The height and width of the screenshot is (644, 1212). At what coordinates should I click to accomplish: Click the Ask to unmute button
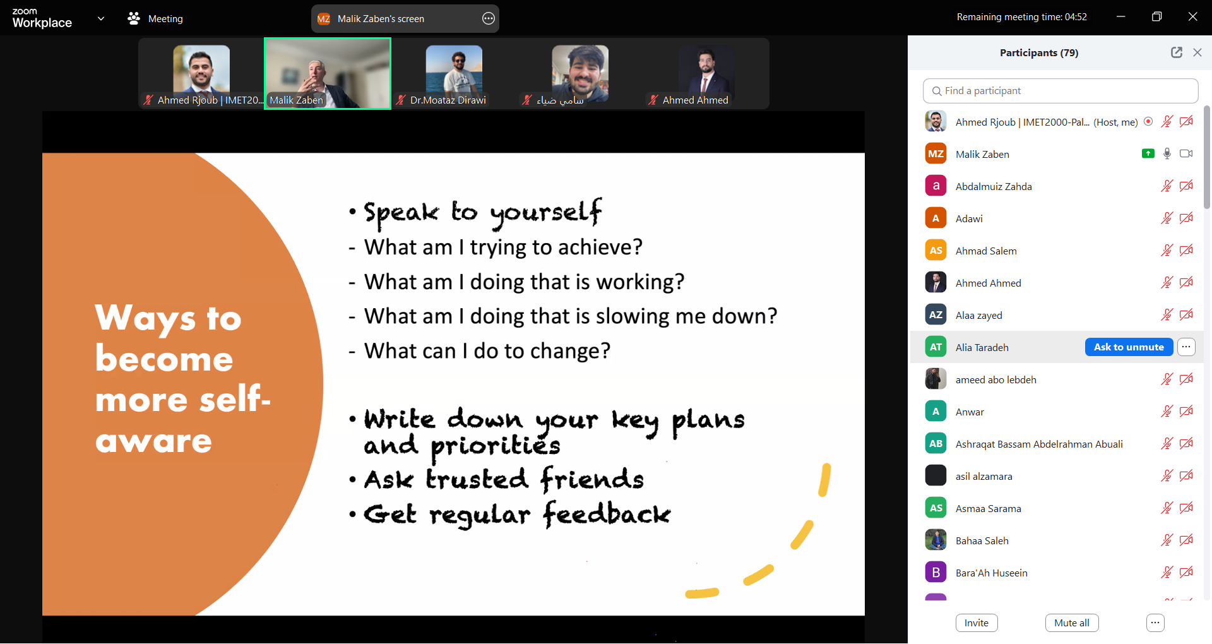[1129, 347]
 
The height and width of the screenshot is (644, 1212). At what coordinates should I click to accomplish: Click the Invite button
[977, 623]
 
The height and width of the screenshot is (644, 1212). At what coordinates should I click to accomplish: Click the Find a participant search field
[1060, 91]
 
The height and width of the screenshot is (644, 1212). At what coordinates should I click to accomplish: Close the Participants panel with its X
[1197, 52]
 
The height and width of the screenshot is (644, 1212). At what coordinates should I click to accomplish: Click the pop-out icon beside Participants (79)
[1177, 52]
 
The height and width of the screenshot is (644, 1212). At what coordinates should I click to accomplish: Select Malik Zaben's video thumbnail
[328, 73]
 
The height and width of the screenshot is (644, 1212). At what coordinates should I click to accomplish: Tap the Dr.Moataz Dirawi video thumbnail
[454, 73]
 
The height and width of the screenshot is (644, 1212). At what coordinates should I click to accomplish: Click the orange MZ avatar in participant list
[936, 154]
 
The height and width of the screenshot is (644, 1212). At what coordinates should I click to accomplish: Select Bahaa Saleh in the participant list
[982, 541]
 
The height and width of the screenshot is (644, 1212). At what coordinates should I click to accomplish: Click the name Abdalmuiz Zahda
[994, 187]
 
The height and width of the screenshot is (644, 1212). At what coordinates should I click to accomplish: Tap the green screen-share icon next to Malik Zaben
[1148, 153]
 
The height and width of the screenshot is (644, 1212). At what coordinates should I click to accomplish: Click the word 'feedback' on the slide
[607, 513]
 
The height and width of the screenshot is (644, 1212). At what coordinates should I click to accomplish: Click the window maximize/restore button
[1156, 17]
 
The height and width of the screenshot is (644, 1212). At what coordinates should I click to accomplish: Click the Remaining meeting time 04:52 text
[1021, 17]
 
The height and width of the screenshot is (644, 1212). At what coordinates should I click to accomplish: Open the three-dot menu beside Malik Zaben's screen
[489, 19]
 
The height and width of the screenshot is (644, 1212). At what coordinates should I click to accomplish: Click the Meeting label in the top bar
[165, 19]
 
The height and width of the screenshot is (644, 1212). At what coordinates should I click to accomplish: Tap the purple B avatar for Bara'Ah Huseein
[936, 573]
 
